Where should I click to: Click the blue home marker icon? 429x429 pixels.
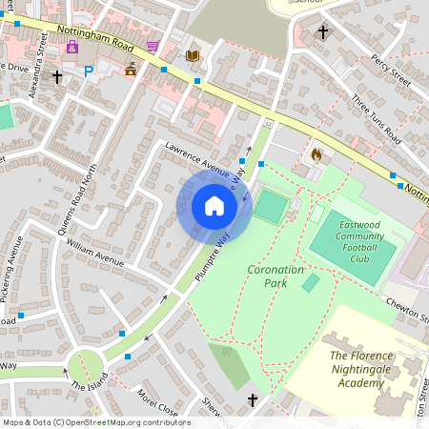pyautogui.click(x=214, y=206)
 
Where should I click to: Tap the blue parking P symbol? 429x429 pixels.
pyautogui.click(x=90, y=71)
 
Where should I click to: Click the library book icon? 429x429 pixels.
pyautogui.click(x=193, y=56)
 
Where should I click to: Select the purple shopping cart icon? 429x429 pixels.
pyautogui.click(x=153, y=46)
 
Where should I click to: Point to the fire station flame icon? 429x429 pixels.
pyautogui.click(x=317, y=153)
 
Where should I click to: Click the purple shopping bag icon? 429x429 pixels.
pyautogui.click(x=71, y=47)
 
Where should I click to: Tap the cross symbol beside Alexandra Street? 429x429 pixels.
pyautogui.click(x=57, y=76)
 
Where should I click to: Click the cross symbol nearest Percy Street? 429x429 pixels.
pyautogui.click(x=323, y=32)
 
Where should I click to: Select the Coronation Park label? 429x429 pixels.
pyautogui.click(x=276, y=276)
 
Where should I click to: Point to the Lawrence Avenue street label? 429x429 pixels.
pyautogui.click(x=196, y=159)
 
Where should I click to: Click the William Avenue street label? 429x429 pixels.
pyautogui.click(x=95, y=253)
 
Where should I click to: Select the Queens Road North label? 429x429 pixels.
pyautogui.click(x=78, y=200)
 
